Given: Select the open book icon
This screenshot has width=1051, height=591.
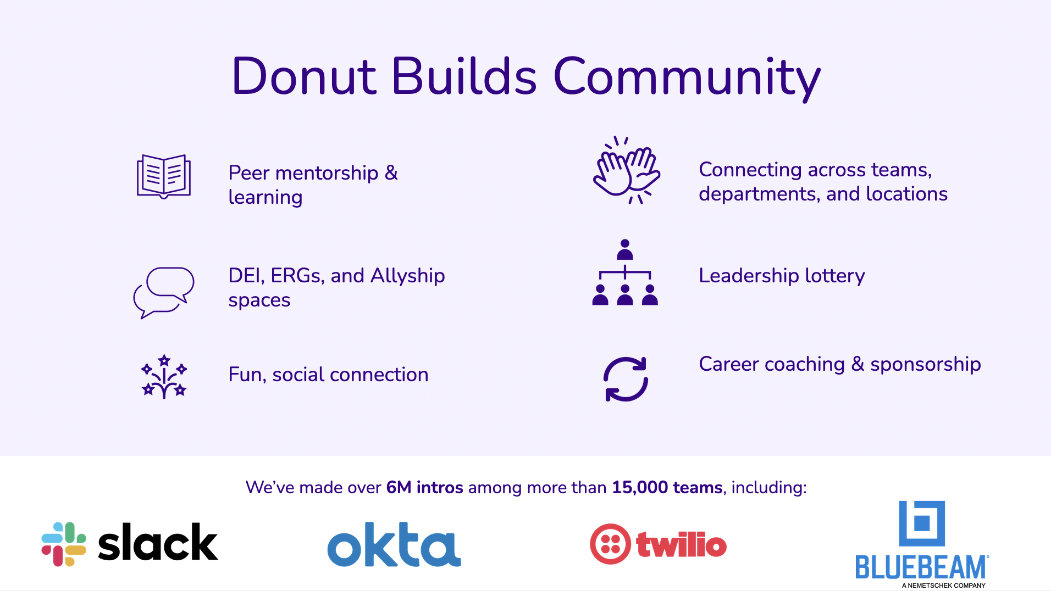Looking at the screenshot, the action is pyautogui.click(x=164, y=176).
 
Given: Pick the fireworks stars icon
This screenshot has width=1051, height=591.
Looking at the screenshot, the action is pyautogui.click(x=164, y=376).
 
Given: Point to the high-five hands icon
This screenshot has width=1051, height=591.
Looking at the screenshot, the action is pyautogui.click(x=627, y=170).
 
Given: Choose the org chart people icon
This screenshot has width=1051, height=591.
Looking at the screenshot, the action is pyautogui.click(x=625, y=272).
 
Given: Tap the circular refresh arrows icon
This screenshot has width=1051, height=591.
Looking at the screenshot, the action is pyautogui.click(x=626, y=380).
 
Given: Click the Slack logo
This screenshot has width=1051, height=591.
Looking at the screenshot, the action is pyautogui.click(x=130, y=544).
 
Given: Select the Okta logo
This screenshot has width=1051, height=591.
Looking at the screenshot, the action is pyautogui.click(x=394, y=544).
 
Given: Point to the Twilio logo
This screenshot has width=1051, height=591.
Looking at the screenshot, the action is pyautogui.click(x=658, y=544).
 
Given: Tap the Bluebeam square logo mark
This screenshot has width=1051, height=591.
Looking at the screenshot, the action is pyautogui.click(x=922, y=523).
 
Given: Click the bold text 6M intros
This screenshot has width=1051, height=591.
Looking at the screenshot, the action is pyautogui.click(x=425, y=487).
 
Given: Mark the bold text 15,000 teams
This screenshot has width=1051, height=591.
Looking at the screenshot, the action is pyautogui.click(x=667, y=487).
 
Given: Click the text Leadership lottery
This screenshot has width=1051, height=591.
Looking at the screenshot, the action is pyautogui.click(x=782, y=276).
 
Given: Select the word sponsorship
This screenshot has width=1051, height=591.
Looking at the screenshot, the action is pyautogui.click(x=926, y=365).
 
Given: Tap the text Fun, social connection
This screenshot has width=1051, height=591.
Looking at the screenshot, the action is pyautogui.click(x=328, y=375).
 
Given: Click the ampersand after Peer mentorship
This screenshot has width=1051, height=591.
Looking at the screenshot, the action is pyautogui.click(x=391, y=173).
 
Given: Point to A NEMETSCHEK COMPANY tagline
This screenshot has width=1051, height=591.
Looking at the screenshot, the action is pyautogui.click(x=944, y=586).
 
